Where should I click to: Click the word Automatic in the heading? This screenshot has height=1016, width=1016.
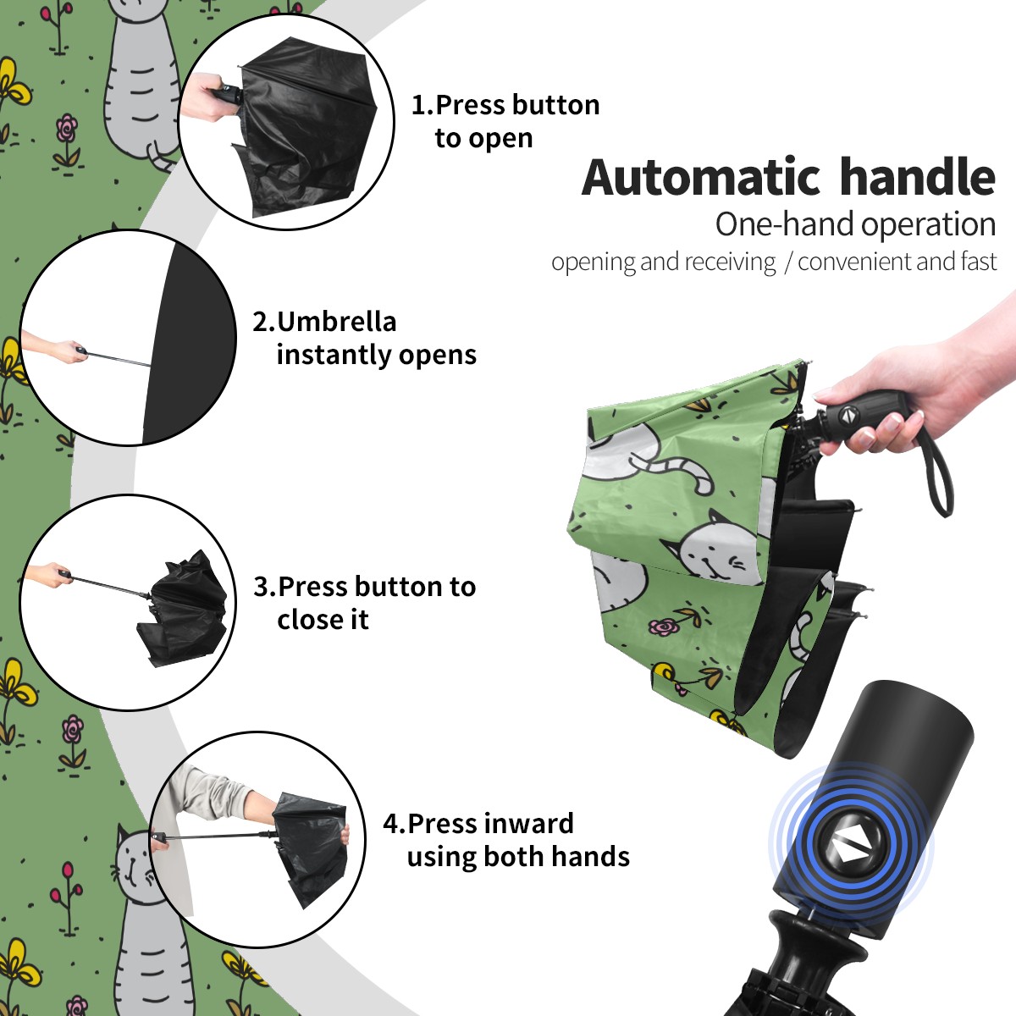(701, 178)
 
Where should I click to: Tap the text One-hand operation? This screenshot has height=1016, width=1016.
(855, 224)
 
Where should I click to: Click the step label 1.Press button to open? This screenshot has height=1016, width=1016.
(505, 121)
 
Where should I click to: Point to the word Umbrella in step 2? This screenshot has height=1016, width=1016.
(336, 322)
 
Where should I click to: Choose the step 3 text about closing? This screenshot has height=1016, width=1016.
(364, 603)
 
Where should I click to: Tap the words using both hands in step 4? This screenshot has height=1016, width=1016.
(518, 856)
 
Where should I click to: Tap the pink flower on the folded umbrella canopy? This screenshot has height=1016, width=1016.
(663, 627)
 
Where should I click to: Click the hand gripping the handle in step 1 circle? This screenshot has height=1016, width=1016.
(208, 97)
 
